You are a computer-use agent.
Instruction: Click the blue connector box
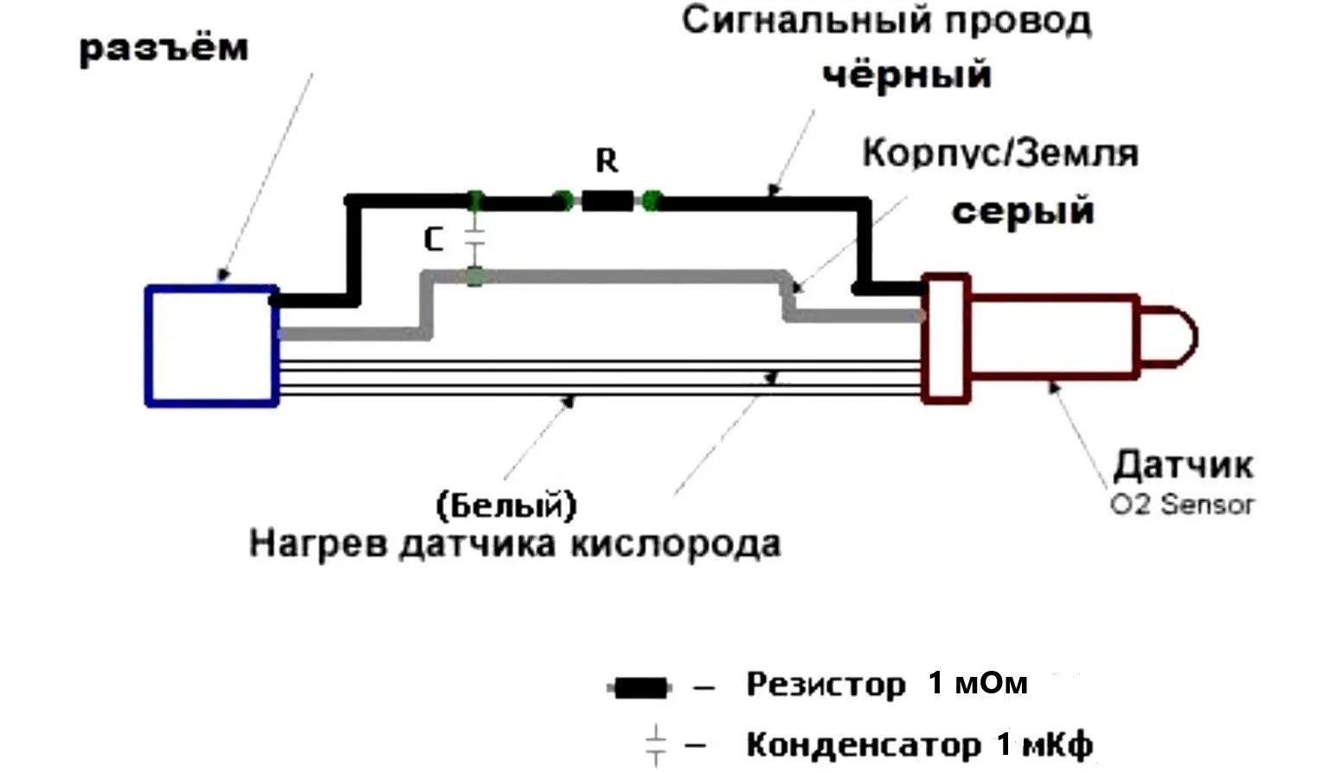[212, 345]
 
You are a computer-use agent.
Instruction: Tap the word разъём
[164, 48]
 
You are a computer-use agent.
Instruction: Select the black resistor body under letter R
[607, 202]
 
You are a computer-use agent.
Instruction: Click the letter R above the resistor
[607, 161]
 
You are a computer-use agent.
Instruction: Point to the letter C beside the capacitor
[434, 240]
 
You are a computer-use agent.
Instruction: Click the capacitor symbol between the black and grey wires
[474, 240]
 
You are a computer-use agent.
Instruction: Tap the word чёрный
[906, 74]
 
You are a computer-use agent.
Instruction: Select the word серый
[1023, 211]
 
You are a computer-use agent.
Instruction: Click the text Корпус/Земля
[999, 153]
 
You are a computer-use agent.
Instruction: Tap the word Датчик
[1182, 465]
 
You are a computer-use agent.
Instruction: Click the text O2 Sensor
[1182, 504]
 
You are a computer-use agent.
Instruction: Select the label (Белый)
[507, 505]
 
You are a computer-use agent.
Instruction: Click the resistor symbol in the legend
[639, 688]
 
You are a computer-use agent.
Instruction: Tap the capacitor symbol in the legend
[657, 744]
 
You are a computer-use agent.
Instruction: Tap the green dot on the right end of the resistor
[652, 202]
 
